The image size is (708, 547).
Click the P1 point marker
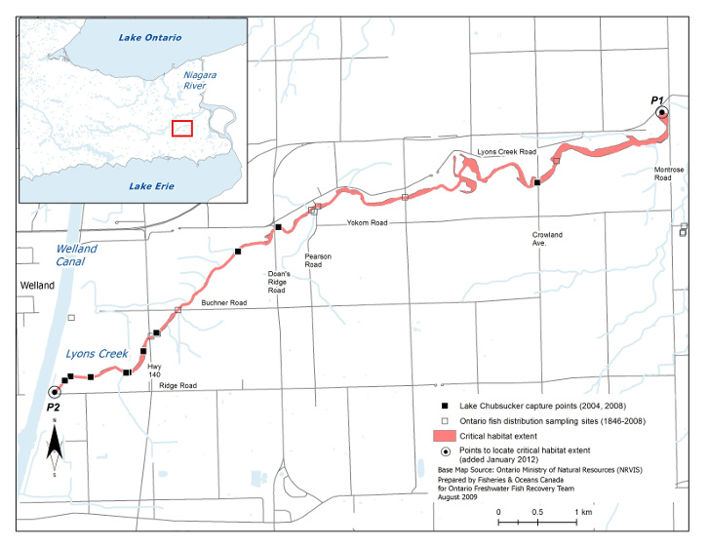[x=662, y=112]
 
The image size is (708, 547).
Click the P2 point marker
[x=54, y=391]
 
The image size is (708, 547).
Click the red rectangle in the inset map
[x=182, y=128]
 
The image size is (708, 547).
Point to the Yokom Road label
[x=366, y=223]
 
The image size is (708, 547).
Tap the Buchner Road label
[x=221, y=303]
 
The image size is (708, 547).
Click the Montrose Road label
[x=670, y=174]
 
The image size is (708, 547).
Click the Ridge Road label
[x=176, y=387]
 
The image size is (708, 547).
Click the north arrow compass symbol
[x=56, y=448]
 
